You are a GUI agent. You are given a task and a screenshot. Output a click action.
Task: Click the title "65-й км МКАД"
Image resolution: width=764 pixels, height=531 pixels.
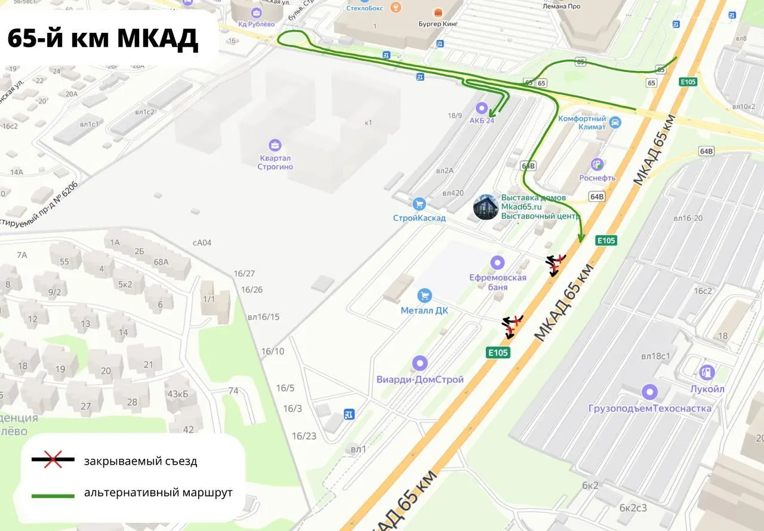pos(103,38)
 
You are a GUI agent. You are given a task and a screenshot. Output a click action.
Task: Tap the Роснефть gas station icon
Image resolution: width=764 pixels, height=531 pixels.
pos(596,164)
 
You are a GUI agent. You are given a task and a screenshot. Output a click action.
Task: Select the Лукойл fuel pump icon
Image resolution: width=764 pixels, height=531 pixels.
pos(707,373)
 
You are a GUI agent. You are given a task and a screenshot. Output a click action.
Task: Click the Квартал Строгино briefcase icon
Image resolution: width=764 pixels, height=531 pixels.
pos(275,145)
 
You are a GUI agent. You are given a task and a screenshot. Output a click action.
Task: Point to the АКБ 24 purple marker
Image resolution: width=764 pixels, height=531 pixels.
pos(481,108)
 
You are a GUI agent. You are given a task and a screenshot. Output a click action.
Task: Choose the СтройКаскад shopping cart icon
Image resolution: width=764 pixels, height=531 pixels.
pos(419,204)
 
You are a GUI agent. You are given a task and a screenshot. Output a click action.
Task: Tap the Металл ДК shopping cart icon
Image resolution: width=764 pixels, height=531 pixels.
pos(424,295)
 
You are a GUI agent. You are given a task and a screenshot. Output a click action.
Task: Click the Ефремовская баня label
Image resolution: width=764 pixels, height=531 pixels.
pos(498,282)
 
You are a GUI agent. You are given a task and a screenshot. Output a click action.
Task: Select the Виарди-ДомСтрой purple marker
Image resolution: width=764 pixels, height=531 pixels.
pos(420,363)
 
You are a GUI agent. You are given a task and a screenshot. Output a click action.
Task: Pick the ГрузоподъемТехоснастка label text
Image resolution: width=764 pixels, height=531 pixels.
pos(649,409)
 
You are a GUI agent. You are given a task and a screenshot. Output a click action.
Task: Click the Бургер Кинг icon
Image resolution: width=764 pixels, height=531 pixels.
pos(439,12)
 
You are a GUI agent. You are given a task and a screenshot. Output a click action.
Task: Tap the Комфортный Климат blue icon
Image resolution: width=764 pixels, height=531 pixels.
pos(615,122)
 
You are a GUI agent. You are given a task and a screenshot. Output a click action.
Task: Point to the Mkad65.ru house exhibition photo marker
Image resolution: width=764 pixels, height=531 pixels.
pos(486,207)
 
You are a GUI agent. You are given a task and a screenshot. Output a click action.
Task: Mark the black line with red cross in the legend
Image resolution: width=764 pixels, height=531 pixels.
pos(53,459)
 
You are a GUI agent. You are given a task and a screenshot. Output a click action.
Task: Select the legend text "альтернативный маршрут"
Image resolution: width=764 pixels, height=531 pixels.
pos(158,493)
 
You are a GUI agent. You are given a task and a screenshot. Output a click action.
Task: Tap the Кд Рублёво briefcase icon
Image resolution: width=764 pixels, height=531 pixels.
pos(257,13)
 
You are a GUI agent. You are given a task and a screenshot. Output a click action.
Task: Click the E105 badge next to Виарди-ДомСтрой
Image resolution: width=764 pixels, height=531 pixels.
pos(498,352)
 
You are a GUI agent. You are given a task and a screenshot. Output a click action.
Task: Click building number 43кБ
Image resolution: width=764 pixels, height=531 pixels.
pos(178,394)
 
